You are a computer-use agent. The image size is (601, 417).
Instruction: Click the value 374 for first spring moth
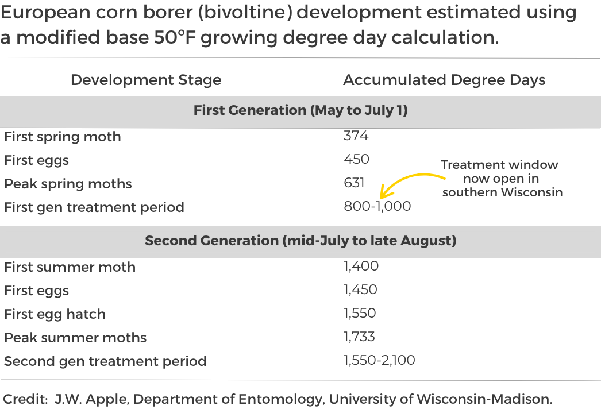356,136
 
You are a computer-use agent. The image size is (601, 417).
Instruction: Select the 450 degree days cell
356,159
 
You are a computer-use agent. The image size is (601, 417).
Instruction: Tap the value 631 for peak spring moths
354,183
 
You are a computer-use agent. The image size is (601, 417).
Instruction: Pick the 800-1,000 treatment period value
377,206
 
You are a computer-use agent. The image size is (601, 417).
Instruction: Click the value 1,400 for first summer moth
361,266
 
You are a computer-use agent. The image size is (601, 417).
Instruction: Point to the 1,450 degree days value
360,289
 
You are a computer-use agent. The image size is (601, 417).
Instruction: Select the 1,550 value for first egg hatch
360,314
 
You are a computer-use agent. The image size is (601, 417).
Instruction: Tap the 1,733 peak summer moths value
359,337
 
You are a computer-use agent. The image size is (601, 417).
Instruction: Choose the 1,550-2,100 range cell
379,361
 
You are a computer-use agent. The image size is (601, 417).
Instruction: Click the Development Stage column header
146,80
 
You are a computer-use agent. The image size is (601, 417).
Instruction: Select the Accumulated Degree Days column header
444,80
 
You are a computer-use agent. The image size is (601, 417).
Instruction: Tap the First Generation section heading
300,110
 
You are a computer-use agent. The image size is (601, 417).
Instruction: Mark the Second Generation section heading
300,240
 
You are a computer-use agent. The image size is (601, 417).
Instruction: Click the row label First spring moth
63,137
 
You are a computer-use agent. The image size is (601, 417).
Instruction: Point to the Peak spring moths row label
68,184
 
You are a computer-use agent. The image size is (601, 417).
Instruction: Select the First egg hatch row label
55,314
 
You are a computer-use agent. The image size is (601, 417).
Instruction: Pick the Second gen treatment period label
105,361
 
